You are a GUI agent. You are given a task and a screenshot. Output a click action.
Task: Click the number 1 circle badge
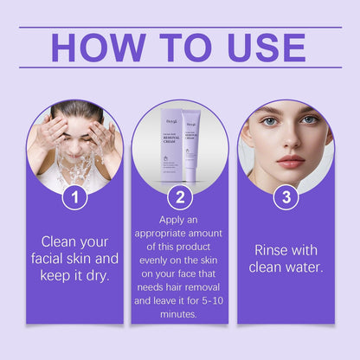click(x=74, y=198)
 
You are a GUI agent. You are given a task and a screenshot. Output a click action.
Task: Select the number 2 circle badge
click(x=180, y=198)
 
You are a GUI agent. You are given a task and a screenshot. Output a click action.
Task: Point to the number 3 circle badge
click(x=286, y=198)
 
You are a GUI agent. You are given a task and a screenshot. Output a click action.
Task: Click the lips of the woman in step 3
click(x=290, y=162)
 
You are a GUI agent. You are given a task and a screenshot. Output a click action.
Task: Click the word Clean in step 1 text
click(x=64, y=241)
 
